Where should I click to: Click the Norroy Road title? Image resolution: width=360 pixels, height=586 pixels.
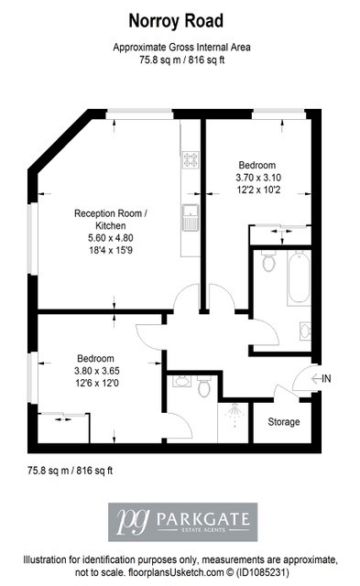coord(176,21)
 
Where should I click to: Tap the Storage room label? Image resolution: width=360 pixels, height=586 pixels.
coord(284,422)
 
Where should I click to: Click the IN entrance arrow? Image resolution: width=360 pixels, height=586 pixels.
coord(316,378)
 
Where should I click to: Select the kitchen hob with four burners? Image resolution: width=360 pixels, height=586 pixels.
coord(191,159)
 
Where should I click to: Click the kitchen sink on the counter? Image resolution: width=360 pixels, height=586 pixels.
coord(191,217)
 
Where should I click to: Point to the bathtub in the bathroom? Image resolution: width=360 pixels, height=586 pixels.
coord(299,278)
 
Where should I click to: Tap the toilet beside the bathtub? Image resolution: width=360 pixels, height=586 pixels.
coord(268,260)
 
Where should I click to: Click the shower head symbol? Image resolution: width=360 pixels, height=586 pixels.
coord(235,414)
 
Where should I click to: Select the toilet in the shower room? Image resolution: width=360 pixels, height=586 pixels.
coord(204,386)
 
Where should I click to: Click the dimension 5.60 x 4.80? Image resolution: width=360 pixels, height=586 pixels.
coord(111,238)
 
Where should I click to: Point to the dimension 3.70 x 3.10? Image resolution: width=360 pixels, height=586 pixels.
coord(258,177)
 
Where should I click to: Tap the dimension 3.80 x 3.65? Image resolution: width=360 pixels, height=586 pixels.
coord(97,371)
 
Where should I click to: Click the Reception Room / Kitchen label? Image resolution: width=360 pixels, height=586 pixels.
coord(111,220)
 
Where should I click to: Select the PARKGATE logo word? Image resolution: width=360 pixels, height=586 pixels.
coord(203,519)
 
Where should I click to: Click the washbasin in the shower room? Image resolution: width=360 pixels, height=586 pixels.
coord(182,382)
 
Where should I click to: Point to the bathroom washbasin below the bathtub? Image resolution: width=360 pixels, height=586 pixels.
coord(305,331)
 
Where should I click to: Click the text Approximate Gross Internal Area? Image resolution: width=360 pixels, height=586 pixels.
coord(181,48)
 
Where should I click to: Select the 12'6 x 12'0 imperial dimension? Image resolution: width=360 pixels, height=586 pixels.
coord(97,383)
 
